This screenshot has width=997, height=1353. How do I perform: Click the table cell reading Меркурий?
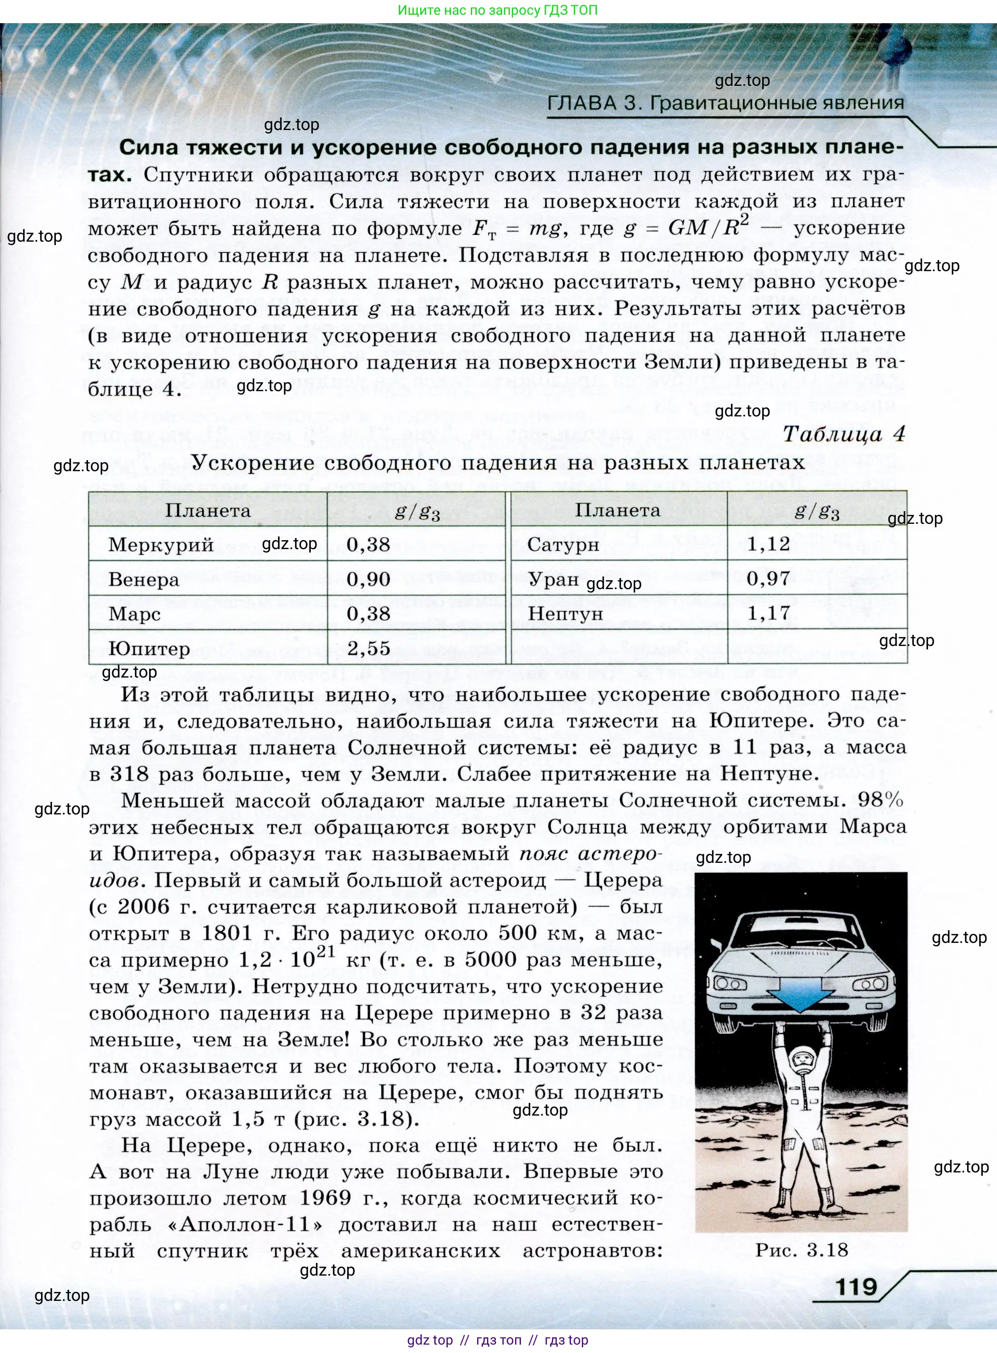[x=161, y=545]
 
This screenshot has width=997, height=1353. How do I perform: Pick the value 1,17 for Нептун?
[x=768, y=613]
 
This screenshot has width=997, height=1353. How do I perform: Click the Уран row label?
[x=554, y=580]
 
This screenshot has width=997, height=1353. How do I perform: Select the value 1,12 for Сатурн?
[x=768, y=544]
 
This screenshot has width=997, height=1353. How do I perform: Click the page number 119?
[x=856, y=1287]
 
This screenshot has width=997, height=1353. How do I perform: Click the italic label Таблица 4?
[x=844, y=434]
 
